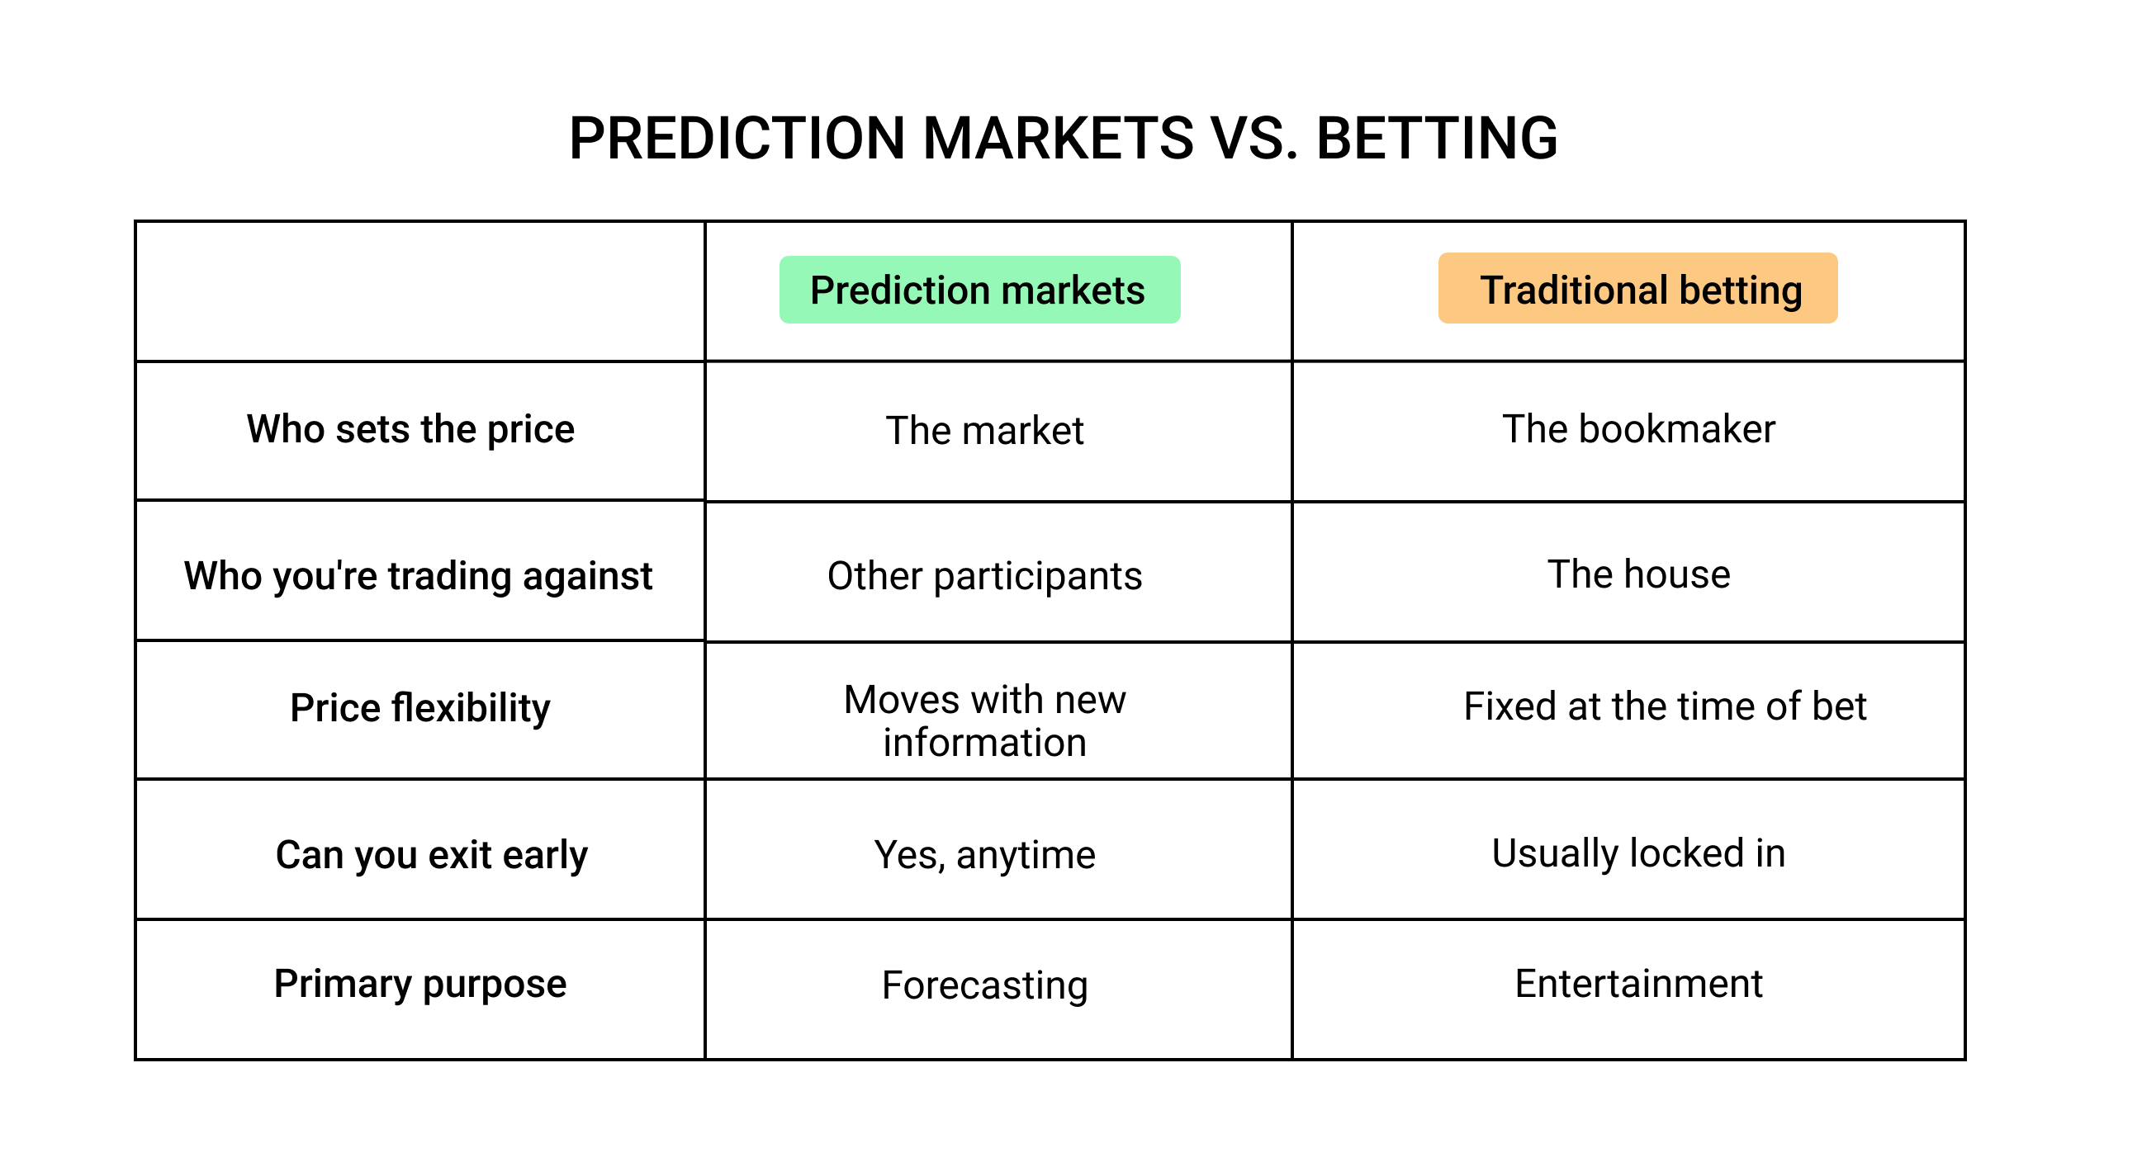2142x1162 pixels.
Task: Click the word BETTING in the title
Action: [1436, 138]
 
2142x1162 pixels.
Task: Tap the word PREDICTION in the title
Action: [737, 138]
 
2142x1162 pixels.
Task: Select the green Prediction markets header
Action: [979, 290]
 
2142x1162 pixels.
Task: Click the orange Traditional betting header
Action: [1637, 289]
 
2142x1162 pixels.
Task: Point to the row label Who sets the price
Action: [410, 430]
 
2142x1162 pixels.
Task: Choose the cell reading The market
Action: [984, 432]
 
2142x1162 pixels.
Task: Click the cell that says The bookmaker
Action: [1638, 430]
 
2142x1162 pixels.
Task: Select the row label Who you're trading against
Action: [419, 576]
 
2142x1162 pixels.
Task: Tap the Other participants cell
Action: [984, 576]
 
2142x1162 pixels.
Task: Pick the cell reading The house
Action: [1638, 574]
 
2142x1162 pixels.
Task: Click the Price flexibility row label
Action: [420, 708]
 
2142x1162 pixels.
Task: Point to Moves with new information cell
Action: [984, 720]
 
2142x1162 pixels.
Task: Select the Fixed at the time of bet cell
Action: [1665, 706]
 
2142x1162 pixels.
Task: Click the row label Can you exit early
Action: [432, 855]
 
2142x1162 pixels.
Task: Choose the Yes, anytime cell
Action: [984, 855]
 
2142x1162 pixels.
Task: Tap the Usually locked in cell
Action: [1638, 853]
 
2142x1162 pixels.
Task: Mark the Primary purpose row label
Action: [420, 984]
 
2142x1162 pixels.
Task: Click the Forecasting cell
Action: [984, 985]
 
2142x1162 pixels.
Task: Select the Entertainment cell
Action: [1638, 984]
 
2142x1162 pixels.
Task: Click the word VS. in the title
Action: [1253, 138]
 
